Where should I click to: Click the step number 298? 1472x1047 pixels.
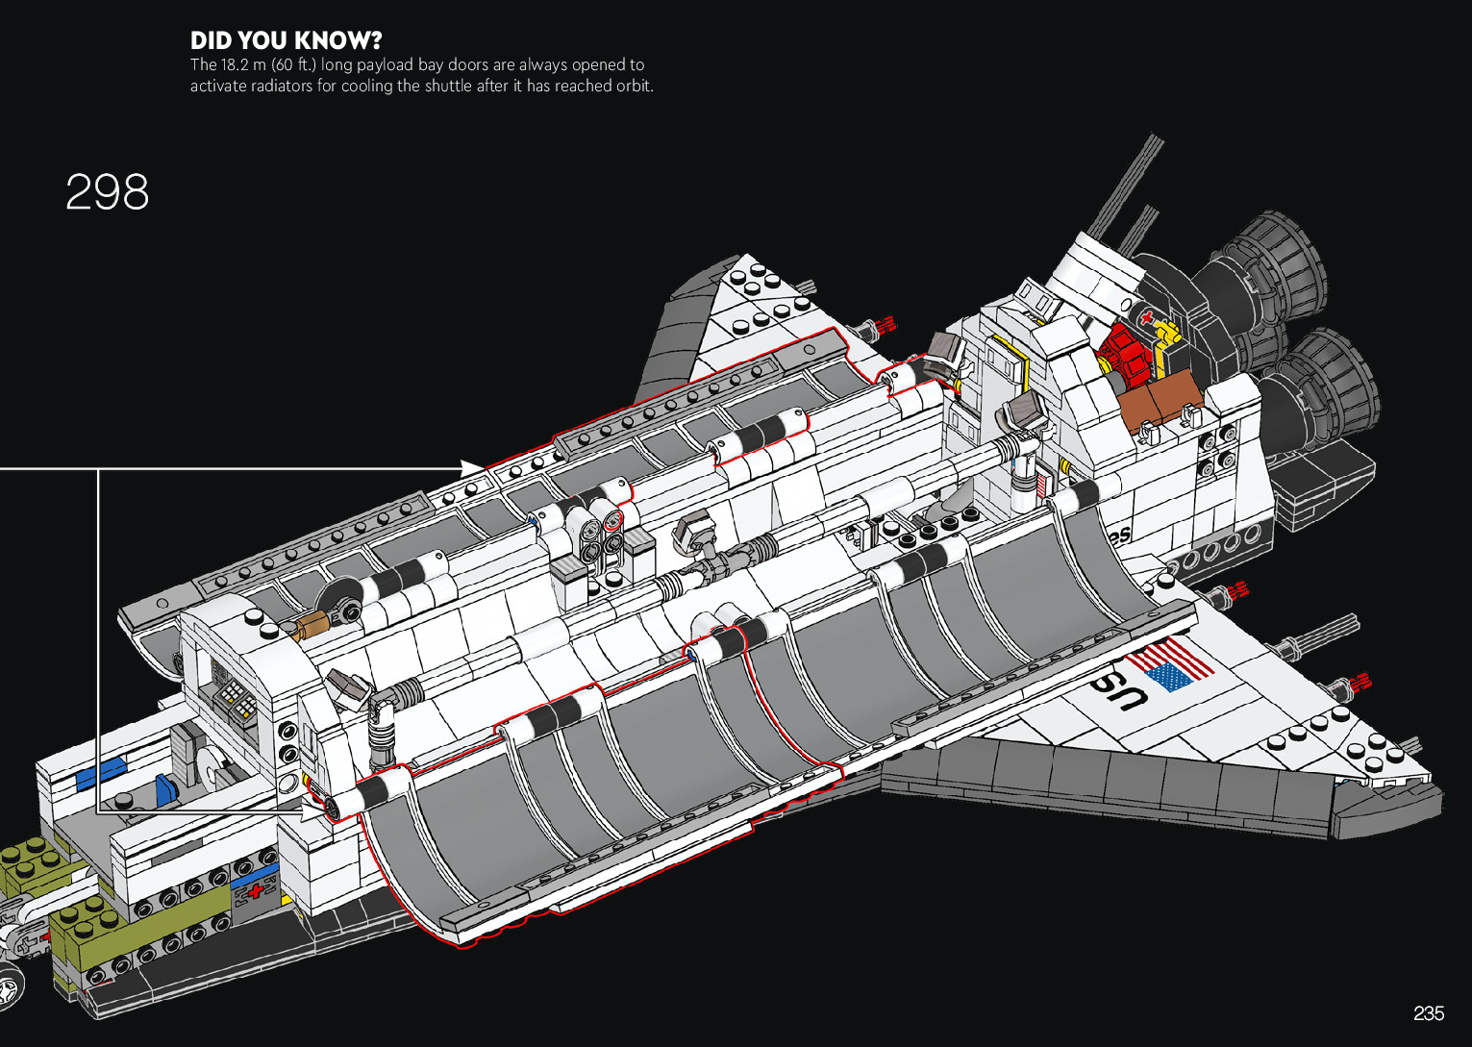tap(107, 192)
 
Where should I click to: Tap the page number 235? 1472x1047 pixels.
tap(1429, 1012)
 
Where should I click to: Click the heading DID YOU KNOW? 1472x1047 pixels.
tap(286, 40)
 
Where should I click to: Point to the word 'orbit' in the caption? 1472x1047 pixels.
tap(633, 86)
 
